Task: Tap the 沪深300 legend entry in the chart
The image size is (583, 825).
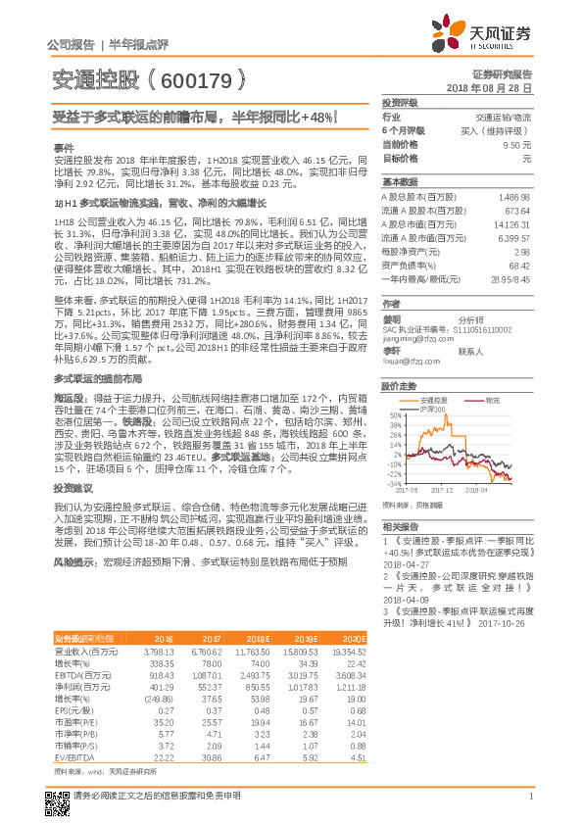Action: click(431, 409)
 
